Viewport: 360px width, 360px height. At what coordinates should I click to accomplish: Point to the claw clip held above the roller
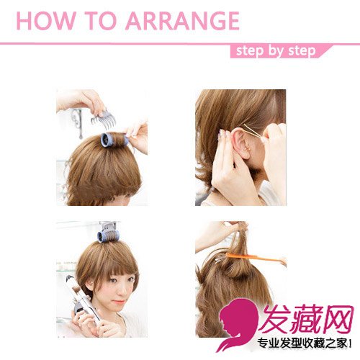[x=104, y=120]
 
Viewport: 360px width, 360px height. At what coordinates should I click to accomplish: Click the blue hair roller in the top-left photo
[x=114, y=140]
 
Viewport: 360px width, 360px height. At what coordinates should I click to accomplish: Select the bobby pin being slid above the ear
[x=253, y=131]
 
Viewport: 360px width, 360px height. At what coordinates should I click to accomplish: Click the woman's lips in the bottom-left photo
[x=119, y=302]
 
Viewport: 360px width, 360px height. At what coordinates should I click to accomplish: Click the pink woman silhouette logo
[x=236, y=323]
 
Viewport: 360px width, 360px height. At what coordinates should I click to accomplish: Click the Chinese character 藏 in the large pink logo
[x=307, y=318]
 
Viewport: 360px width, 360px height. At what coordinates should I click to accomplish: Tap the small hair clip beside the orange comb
[x=219, y=259]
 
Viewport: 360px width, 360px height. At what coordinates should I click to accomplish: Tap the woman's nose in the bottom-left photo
[x=120, y=291]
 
